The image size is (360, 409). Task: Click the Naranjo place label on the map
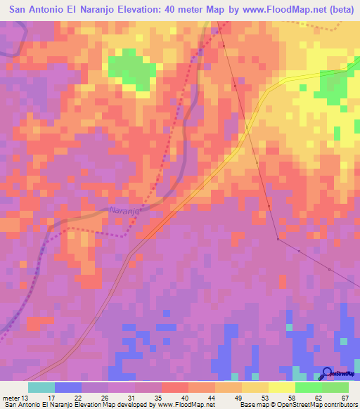pyautogui.click(x=125, y=210)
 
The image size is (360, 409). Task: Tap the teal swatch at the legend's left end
pyautogui.click(x=41, y=387)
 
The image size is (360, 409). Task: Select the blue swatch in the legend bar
pyautogui.click(x=68, y=387)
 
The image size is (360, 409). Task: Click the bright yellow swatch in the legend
pyautogui.click(x=282, y=387)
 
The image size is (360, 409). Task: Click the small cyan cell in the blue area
pyautogui.click(x=288, y=327)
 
